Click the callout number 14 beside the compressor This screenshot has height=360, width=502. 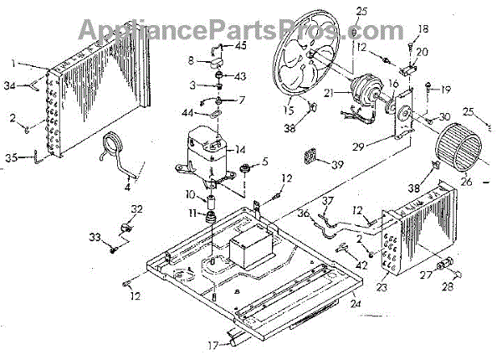click(x=241, y=149)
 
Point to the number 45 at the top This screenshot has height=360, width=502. click(x=240, y=46)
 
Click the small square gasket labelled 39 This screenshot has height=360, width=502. click(x=313, y=159)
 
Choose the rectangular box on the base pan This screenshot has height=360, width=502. click(x=247, y=248)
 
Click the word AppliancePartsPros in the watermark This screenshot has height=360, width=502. click(x=208, y=29)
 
